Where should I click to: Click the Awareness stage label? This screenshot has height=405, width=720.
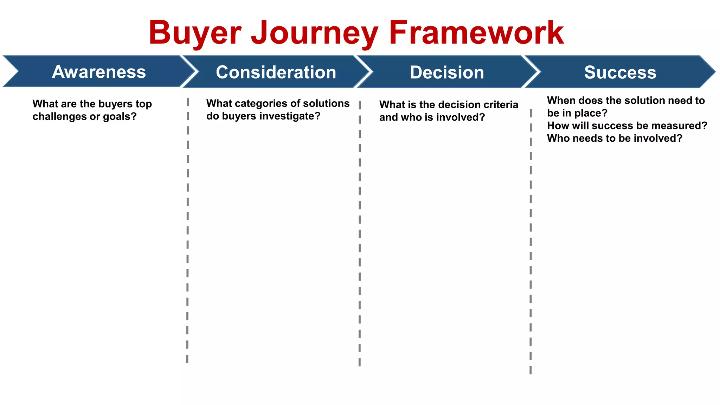point(99,72)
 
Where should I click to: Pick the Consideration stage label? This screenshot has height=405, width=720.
point(276,72)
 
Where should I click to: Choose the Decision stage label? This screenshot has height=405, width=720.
point(447,72)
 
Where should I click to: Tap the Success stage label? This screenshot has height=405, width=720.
point(620,72)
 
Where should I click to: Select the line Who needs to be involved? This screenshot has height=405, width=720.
point(615,138)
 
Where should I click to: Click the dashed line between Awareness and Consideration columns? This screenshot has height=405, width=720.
point(188,229)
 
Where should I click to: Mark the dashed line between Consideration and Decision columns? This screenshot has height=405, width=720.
point(360,232)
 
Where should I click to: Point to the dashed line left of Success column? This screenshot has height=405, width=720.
point(531,239)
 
